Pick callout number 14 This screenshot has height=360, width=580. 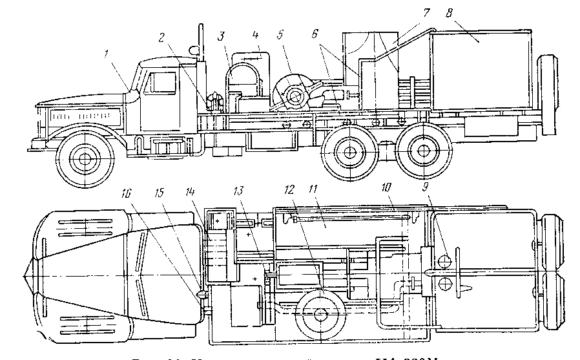(207, 192)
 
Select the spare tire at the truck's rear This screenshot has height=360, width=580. (548, 94)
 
